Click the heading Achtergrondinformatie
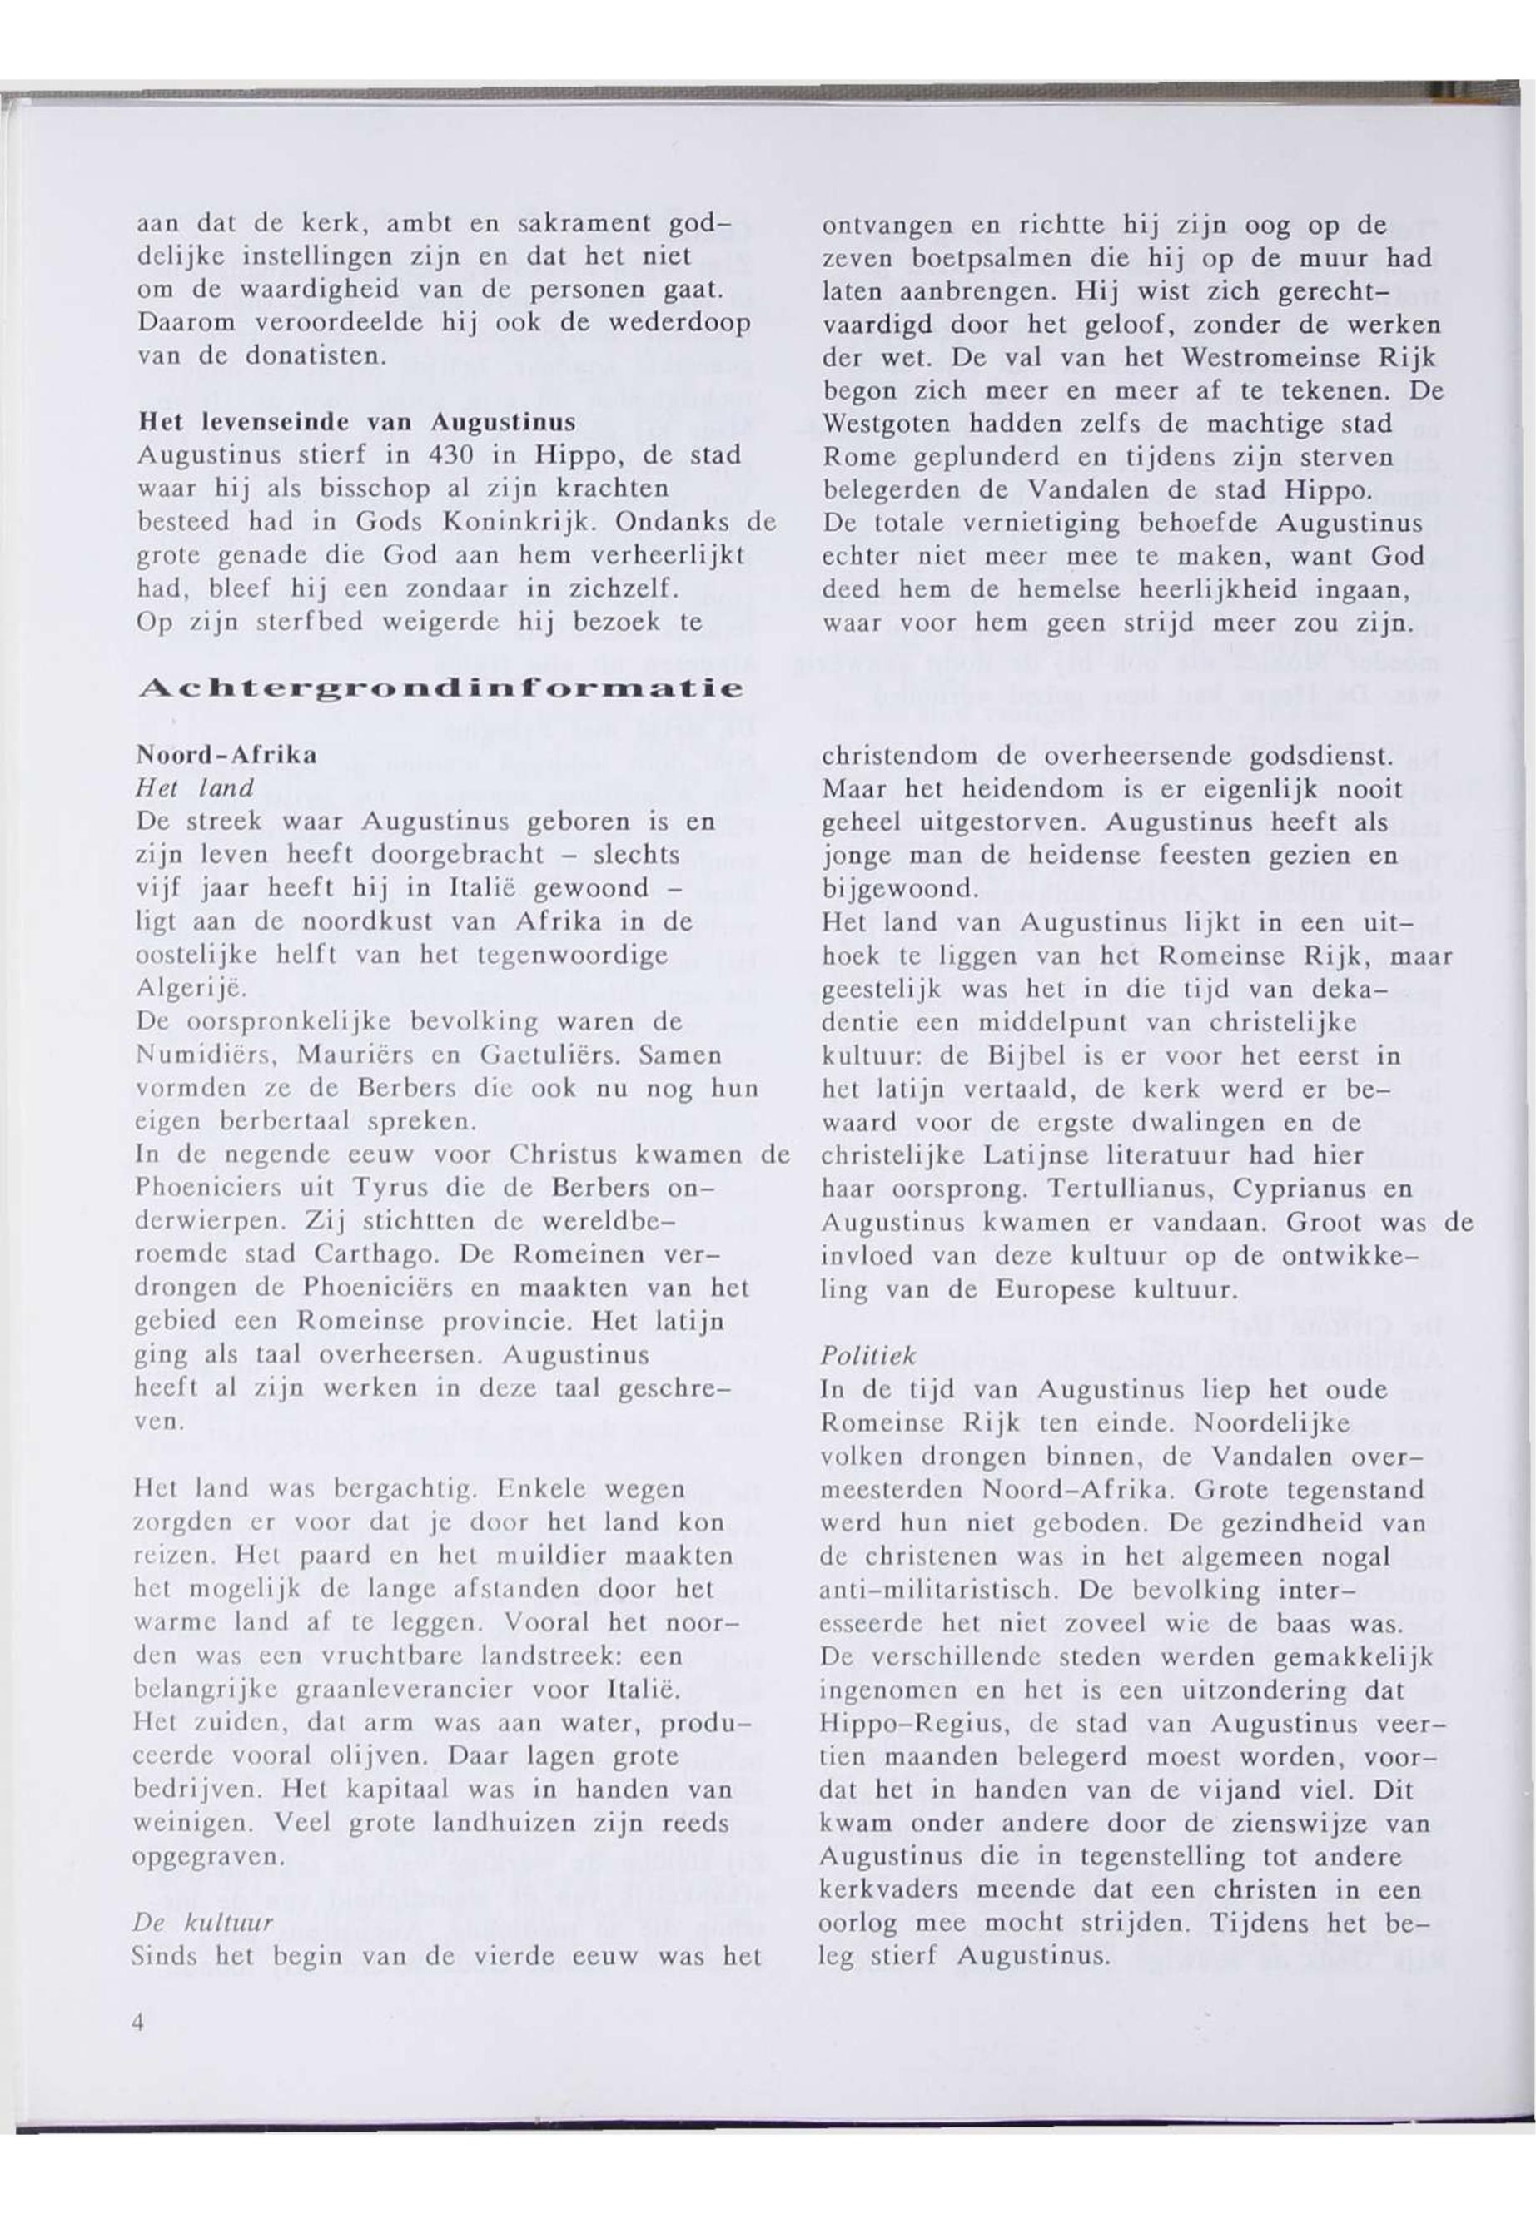coord(440,689)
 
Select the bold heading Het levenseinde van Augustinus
coord(357,421)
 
